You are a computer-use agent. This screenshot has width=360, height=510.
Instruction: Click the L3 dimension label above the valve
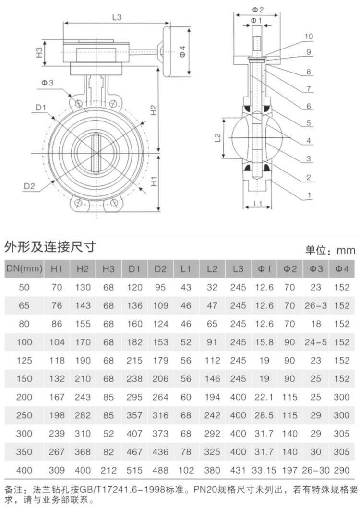click(117, 17)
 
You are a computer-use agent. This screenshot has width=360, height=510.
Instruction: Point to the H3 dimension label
click(39, 52)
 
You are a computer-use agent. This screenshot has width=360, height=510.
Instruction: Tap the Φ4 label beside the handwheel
click(182, 51)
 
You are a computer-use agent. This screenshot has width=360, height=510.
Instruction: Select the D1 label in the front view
click(41, 108)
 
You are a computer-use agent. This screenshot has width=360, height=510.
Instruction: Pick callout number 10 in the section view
click(308, 36)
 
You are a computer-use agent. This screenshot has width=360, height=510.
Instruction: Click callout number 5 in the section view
click(309, 123)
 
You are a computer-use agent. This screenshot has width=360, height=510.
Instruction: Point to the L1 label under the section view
click(258, 204)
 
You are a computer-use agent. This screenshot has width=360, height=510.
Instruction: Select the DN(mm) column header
click(24, 268)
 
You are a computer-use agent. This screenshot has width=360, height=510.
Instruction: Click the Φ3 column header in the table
click(316, 269)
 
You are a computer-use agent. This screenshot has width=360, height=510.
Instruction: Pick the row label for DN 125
click(24, 360)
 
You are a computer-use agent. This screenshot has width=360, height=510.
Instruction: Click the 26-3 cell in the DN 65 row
click(316, 305)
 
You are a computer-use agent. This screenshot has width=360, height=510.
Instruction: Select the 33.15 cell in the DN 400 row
click(264, 470)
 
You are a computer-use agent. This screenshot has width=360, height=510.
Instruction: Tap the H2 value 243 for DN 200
click(83, 397)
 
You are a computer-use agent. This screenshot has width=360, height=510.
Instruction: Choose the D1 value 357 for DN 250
click(134, 415)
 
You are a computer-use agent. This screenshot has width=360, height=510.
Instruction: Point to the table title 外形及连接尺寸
click(50, 247)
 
